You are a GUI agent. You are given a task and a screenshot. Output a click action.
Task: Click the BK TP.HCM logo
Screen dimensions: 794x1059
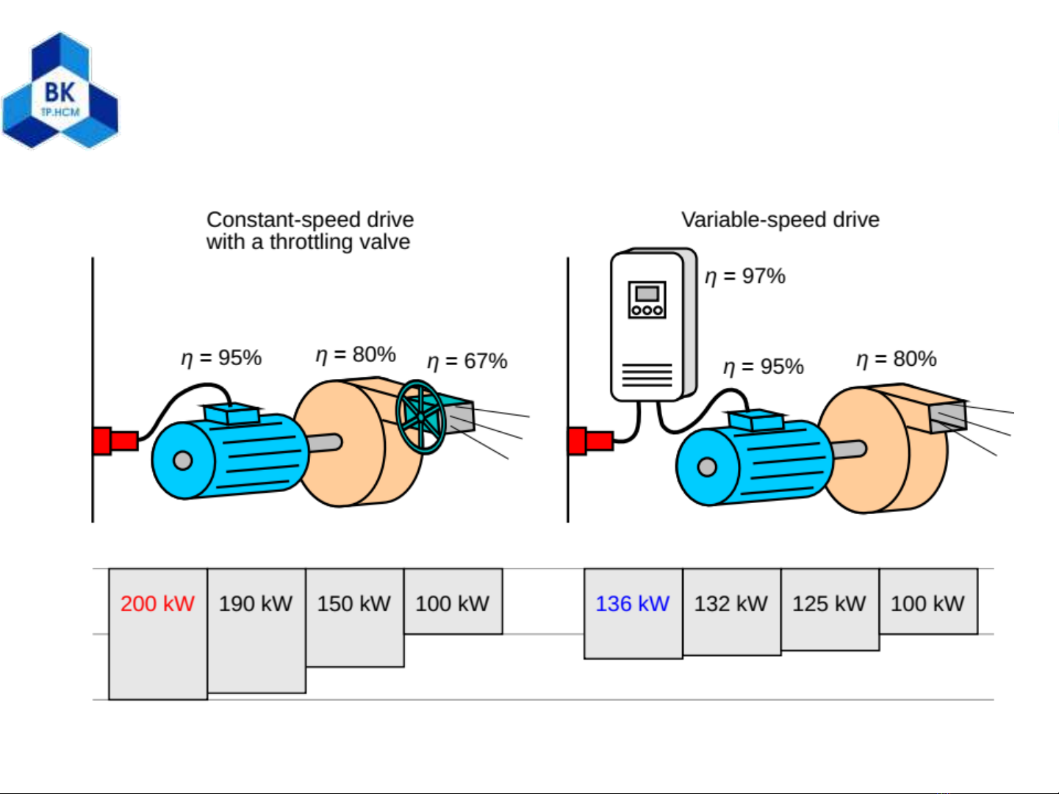[60, 90]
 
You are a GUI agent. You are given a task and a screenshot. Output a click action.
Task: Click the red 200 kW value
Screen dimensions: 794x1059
[157, 604]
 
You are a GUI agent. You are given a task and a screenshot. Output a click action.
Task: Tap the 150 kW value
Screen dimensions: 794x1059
[353, 604]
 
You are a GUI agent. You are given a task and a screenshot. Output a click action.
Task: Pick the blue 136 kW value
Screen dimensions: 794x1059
[632, 604]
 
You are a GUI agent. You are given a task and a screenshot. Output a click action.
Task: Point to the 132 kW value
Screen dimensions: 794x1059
[730, 604]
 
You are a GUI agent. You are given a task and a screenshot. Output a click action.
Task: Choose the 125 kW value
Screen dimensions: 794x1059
[829, 604]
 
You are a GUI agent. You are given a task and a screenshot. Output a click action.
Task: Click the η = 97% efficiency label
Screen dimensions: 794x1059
[745, 276]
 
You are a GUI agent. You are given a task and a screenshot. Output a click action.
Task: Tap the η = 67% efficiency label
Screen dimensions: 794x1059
[467, 361]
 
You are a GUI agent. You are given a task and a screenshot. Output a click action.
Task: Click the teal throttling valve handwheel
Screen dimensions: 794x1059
[420, 417]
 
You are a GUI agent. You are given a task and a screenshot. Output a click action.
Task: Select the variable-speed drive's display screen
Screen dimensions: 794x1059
[647, 294]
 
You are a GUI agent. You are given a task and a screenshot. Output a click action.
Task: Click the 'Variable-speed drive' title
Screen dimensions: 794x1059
[780, 220]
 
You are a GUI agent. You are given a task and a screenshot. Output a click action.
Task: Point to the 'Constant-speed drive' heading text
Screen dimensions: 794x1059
[309, 220]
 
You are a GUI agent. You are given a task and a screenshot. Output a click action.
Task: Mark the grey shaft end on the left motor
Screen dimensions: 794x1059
[183, 461]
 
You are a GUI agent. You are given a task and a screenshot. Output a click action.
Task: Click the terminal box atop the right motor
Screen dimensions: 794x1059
[755, 420]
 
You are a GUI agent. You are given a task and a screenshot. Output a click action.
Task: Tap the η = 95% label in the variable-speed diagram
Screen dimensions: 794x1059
[764, 367]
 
